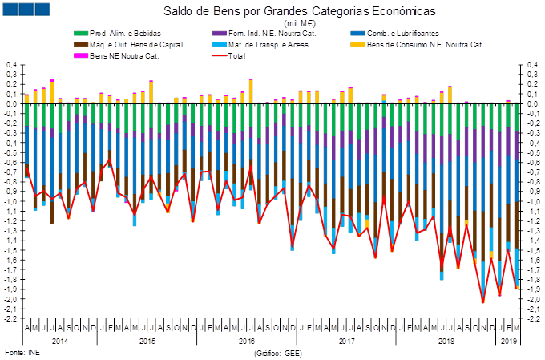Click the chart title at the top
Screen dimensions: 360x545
[x=277, y=10]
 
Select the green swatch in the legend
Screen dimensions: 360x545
[x=81, y=34]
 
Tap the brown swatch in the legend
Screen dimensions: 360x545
[x=81, y=45]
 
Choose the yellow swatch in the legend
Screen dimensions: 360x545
[x=358, y=45]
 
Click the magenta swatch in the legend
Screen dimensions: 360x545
[x=81, y=55]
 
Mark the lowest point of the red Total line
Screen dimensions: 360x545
[x=482, y=302]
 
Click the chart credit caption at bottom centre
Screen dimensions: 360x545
[x=277, y=351]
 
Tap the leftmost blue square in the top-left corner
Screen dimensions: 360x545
[x=10, y=10]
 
